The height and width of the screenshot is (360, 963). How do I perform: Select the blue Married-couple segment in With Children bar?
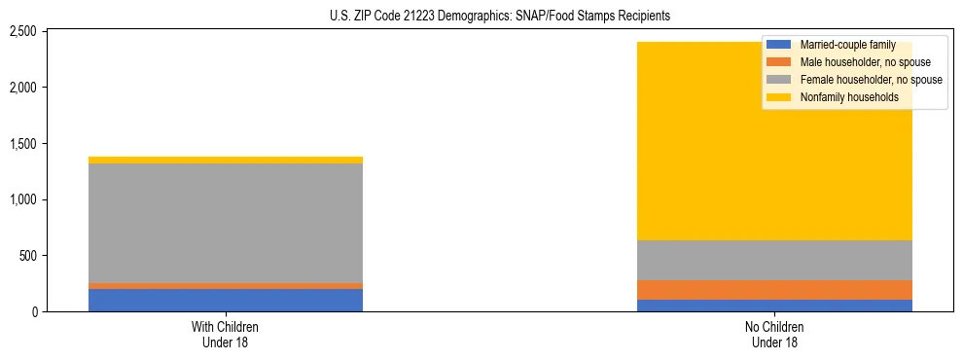coord(226,300)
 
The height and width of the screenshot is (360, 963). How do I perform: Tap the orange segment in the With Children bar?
coord(226,286)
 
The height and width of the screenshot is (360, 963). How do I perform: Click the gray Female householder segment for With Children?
coord(226,223)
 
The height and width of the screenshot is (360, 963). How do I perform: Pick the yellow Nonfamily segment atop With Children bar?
coord(226,160)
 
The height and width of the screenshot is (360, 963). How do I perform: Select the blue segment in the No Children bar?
coord(775,306)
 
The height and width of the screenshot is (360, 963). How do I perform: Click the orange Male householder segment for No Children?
coord(775,290)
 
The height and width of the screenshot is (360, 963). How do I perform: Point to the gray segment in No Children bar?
coord(775,260)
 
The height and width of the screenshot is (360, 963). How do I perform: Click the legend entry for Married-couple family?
coord(846,45)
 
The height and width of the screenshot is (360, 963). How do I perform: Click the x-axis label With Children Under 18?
coord(226,334)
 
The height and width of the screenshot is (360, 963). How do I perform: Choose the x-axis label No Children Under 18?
coord(775,334)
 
